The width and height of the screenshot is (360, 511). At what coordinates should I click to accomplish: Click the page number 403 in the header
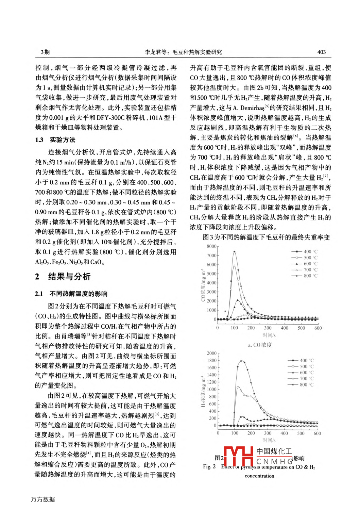(321, 52)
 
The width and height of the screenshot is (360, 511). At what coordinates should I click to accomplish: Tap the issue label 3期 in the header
(45, 52)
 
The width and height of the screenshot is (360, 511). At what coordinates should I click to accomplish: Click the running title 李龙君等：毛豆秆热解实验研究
(183, 52)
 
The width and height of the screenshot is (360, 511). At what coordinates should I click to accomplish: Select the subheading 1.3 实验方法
(55, 140)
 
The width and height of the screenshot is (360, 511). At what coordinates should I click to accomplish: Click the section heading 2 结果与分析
(63, 276)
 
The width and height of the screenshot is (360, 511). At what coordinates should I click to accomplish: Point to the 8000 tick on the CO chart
(211, 246)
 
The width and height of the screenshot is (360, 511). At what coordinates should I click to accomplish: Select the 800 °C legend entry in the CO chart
(304, 276)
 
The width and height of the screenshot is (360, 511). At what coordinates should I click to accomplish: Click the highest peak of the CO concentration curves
(234, 252)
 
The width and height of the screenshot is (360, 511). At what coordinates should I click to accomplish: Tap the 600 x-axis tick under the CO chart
(318, 328)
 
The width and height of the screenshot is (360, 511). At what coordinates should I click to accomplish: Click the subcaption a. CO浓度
(260, 345)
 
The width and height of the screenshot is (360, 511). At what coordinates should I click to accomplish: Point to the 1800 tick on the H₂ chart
(211, 360)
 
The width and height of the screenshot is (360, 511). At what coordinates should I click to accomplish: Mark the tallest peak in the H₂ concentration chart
(241, 361)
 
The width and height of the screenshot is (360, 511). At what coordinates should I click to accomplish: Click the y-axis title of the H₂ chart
(203, 391)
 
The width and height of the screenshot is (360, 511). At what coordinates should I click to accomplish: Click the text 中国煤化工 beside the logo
(274, 451)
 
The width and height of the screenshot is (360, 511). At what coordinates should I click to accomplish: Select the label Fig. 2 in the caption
(209, 466)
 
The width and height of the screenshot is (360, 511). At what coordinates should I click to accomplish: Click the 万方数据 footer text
(43, 499)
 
